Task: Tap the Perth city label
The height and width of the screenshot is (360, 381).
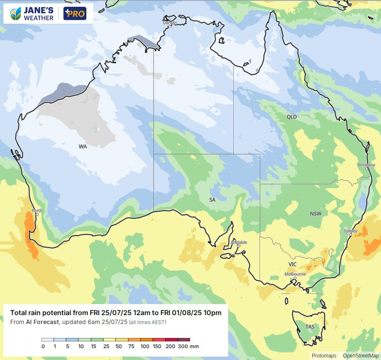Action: click(37, 210)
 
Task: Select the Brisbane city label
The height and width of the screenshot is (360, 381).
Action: click(366, 165)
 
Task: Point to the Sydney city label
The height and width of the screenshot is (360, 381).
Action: click(351, 231)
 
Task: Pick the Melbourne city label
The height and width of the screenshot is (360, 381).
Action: click(295, 274)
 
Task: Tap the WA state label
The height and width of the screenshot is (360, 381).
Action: click(83, 147)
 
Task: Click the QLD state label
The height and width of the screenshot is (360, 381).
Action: click(292, 117)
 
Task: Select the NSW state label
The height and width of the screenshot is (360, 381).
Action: click(316, 214)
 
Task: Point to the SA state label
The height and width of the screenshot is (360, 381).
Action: click(213, 199)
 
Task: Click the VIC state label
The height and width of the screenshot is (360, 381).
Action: click(293, 264)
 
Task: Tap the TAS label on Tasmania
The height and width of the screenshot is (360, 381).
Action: click(310, 327)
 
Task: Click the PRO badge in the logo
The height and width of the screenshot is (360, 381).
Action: click(75, 14)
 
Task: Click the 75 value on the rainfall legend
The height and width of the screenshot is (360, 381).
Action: click(131, 346)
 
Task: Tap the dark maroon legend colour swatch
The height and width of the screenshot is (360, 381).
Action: click(184, 340)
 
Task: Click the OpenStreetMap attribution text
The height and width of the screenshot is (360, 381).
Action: click(361, 356)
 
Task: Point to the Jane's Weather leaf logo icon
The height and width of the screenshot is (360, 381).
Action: click(16, 14)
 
